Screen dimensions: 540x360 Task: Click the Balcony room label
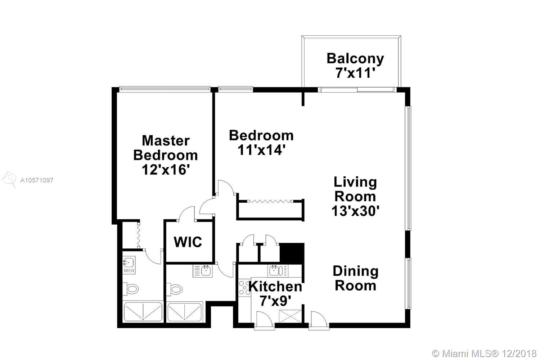355,59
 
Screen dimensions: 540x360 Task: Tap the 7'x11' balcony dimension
356,73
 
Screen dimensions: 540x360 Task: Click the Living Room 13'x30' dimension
355,211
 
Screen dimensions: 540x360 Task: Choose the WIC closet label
188,242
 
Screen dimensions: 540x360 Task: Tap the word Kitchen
275,287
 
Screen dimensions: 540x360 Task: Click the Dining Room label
356,278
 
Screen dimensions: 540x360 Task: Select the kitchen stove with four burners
244,288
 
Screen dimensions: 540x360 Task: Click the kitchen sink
278,271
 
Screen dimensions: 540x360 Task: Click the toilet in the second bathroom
174,289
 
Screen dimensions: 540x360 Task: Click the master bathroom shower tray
143,312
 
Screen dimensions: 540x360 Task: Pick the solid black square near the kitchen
292,252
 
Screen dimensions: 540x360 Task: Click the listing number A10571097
37,180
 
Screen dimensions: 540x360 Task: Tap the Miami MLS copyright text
484,354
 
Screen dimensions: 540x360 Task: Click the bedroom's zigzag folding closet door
270,201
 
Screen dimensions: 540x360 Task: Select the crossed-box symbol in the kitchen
290,316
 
